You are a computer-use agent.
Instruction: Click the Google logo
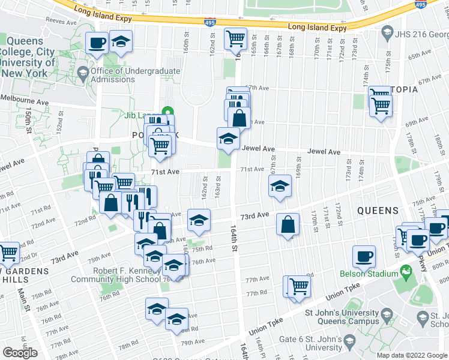(20, 353)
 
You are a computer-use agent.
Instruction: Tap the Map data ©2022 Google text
(412, 355)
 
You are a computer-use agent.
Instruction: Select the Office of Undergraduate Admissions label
(134, 75)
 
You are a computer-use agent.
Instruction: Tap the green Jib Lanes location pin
(168, 112)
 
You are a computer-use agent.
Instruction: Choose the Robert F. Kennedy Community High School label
(116, 274)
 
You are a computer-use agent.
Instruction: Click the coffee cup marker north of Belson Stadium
(364, 256)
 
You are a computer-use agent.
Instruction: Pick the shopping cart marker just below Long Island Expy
(235, 38)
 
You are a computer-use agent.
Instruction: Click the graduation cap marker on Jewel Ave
(228, 139)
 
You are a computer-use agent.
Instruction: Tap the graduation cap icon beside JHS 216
(387, 32)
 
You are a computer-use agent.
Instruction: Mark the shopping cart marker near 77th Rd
(298, 286)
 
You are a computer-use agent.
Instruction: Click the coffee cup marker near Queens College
(97, 43)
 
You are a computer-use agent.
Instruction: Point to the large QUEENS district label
(378, 211)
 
